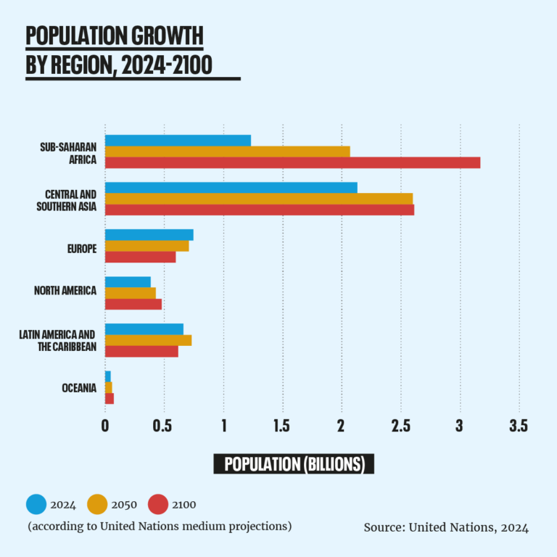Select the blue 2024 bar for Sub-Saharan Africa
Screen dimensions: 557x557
178,140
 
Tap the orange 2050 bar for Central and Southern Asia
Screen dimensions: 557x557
258,199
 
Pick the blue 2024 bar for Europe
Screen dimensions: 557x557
149,234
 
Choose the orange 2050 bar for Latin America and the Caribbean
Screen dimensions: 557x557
148,340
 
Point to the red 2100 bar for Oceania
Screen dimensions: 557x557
110,398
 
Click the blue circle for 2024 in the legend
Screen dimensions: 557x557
36,504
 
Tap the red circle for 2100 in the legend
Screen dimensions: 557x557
158,504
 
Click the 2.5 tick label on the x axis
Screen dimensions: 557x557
400,426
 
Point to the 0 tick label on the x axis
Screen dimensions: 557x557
105,426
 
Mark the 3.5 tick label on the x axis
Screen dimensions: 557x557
518,426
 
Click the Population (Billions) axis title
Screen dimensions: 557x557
294,464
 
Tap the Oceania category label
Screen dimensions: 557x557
79,388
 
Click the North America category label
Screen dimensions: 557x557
65,291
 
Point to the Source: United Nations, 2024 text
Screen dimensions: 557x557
446,528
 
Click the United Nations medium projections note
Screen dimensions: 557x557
160,526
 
